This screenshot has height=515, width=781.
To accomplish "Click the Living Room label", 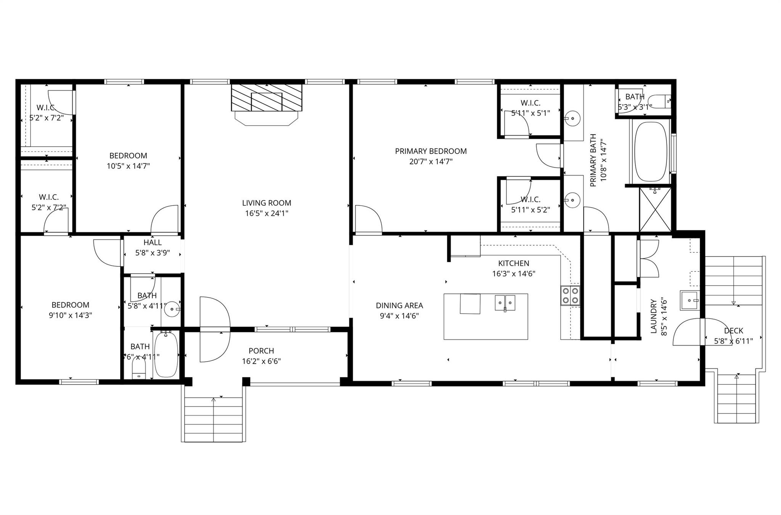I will tap(266, 203).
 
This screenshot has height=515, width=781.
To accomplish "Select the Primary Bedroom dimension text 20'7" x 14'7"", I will tap(431, 161).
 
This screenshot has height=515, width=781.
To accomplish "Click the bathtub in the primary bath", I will tap(651, 152).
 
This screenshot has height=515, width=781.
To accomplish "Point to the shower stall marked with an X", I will tap(655, 209).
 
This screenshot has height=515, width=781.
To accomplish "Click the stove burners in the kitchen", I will tap(570, 295).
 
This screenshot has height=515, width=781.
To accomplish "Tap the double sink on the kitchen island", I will tap(505, 303).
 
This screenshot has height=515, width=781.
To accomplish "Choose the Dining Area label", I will tap(399, 305).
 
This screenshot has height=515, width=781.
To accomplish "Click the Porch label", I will tap(261, 351).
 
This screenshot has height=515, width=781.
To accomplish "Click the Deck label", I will tap(733, 331).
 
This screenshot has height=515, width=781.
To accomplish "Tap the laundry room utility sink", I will tap(689, 300).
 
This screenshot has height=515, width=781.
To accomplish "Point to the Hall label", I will tap(153, 242).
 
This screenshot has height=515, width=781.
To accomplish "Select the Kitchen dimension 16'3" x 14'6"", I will tap(513, 274).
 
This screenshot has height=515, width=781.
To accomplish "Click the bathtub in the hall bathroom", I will tap(166, 355).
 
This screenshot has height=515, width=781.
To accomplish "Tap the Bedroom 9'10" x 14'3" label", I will tap(70, 305).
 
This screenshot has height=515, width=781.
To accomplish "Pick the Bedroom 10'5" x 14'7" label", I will tap(128, 156).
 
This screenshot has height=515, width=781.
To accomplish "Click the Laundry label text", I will tap(654, 316).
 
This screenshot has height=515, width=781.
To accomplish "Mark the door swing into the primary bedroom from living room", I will tap(367, 219).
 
